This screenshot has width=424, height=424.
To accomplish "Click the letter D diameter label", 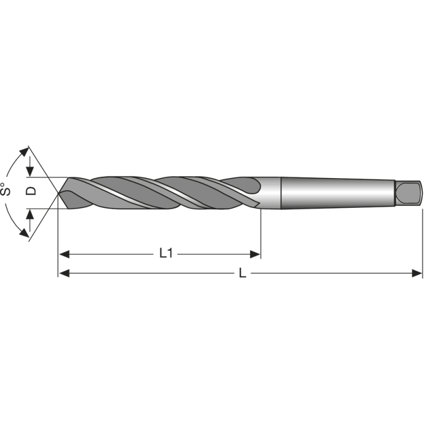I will tap(32, 190).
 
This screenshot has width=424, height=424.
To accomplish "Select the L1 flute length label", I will tap(166, 253).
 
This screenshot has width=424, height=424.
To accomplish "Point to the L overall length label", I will tap(242, 273).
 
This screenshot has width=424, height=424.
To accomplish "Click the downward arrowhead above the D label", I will tap(30, 172).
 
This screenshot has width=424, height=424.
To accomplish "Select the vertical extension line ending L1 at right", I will tap(261, 233).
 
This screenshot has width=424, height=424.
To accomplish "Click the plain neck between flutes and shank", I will tap(270, 193).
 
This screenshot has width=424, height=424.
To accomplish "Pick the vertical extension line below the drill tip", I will tap(58, 238).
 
